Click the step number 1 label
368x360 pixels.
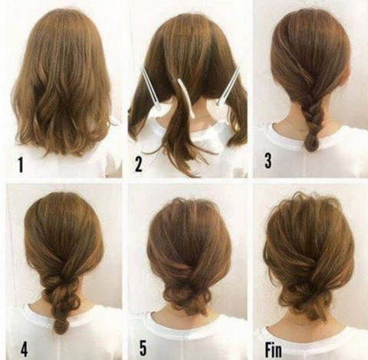21,165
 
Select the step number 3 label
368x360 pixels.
268,160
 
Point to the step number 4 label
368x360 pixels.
24,348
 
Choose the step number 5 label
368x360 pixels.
143,347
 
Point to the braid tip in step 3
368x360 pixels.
311,142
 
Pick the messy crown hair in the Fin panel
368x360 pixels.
307,205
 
